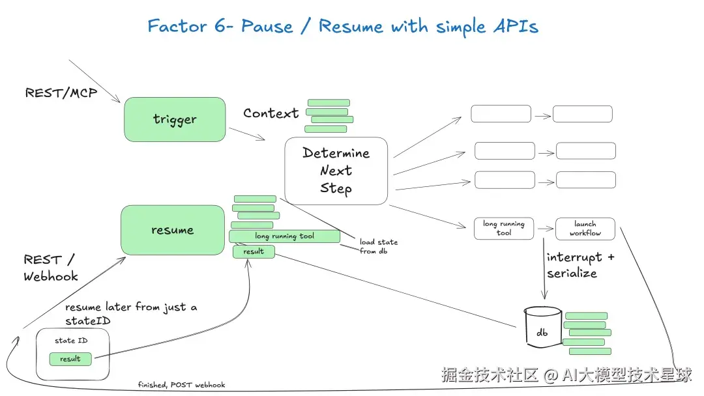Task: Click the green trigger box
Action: click(175, 119)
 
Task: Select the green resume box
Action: click(172, 230)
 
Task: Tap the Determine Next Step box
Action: click(336, 171)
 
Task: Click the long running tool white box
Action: click(504, 228)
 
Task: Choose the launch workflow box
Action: click(585, 228)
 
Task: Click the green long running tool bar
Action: click(285, 236)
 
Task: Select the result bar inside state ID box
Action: click(70, 359)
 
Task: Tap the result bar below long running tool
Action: click(254, 251)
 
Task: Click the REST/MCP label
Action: click(61, 93)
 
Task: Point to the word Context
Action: click(271, 113)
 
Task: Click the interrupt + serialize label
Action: click(580, 265)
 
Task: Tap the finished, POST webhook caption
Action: click(181, 385)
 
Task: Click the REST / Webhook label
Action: click(51, 268)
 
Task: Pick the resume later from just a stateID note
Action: click(131, 313)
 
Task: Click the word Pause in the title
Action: click(267, 26)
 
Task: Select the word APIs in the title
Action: click(516, 27)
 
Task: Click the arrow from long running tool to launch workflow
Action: click(545, 229)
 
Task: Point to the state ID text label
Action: click(71, 341)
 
